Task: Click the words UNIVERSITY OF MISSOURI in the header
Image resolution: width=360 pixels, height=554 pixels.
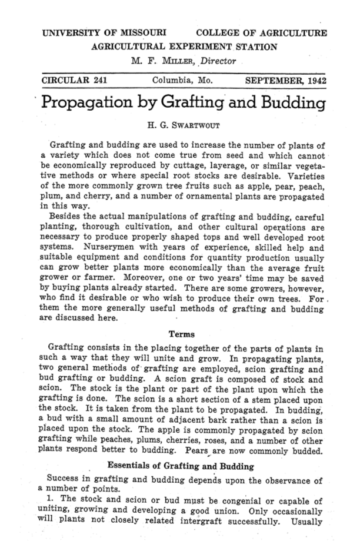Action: pos(104,32)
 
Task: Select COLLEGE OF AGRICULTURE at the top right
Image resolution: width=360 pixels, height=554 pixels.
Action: pos(262,32)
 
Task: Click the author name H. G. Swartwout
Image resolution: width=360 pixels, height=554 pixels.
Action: pos(179,125)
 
